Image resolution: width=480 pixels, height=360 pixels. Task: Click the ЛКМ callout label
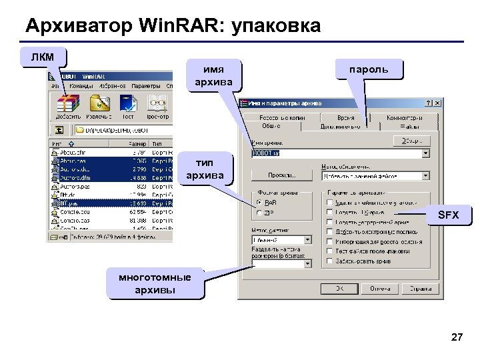pos(43,55)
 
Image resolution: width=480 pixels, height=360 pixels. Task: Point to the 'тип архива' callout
pos(205,170)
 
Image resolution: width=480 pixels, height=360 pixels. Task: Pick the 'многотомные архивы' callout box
pos(154,283)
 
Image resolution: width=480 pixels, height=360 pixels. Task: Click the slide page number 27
pos(457,337)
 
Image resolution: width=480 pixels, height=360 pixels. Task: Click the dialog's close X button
pos(437,103)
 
